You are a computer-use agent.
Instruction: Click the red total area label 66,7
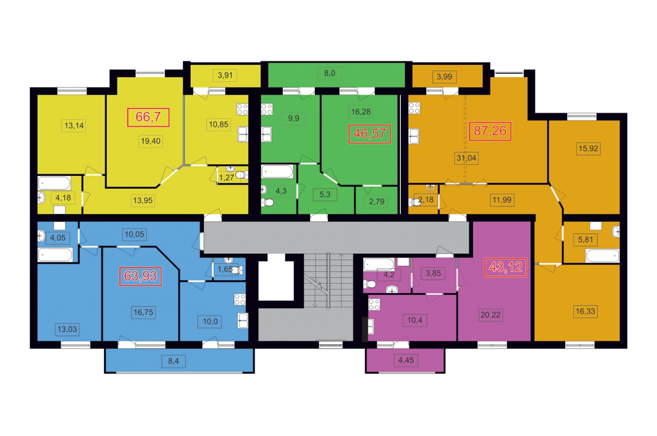(x=148, y=117)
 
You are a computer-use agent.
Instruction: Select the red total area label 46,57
(x=370, y=134)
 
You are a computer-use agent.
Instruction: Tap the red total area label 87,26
(x=490, y=131)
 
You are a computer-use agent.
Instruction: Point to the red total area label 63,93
(x=140, y=276)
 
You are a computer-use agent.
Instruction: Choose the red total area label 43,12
(x=505, y=267)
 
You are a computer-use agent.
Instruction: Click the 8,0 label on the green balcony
(x=329, y=73)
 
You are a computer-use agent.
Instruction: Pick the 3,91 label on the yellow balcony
(x=225, y=75)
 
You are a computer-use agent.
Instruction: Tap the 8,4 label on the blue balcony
(x=173, y=361)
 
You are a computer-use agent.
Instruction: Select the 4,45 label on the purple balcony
(x=406, y=360)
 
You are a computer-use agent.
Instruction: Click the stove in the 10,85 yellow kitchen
(x=242, y=109)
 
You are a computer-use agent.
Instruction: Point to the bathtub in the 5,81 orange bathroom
(x=602, y=255)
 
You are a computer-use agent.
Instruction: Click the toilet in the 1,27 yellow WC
(x=241, y=175)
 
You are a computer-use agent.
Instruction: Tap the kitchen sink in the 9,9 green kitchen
(x=266, y=135)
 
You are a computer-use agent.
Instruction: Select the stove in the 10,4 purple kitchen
(x=374, y=305)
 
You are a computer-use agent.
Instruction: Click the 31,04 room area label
(x=466, y=158)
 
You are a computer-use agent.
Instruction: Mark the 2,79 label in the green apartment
(x=377, y=202)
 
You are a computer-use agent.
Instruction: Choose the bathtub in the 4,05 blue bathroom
(x=55, y=255)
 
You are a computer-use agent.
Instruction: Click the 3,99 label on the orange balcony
(x=445, y=77)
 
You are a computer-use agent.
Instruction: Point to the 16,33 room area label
(x=586, y=311)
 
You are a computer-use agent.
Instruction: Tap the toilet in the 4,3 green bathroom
(x=268, y=202)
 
